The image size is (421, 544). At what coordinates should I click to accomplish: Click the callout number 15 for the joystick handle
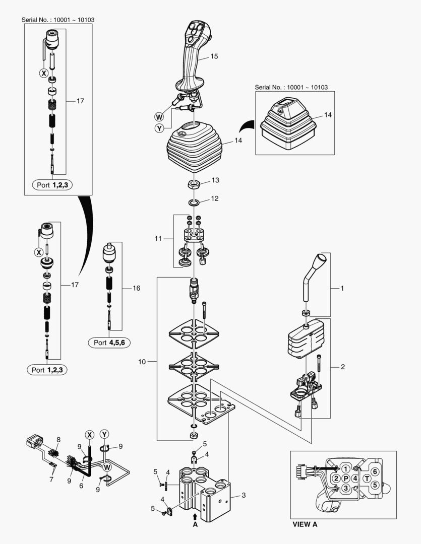pyautogui.click(x=214, y=56)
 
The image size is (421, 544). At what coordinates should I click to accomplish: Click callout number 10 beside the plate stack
pyautogui.click(x=142, y=362)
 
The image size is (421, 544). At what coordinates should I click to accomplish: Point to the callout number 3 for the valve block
pyautogui.click(x=244, y=496)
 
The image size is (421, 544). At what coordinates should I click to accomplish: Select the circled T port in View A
pyautogui.click(x=367, y=479)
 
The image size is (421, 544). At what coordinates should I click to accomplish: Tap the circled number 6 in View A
pyautogui.click(x=375, y=470)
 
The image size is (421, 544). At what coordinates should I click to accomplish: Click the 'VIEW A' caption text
pyautogui.click(x=305, y=524)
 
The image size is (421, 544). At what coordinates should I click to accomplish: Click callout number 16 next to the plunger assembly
pyautogui.click(x=136, y=288)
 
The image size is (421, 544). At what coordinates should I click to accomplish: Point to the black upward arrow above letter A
pyautogui.click(x=195, y=516)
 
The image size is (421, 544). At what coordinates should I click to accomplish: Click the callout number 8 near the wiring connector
pyautogui.click(x=58, y=440)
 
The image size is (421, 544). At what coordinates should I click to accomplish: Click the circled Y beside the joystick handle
pyautogui.click(x=159, y=128)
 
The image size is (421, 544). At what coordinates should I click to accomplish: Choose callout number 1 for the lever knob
pyautogui.click(x=342, y=289)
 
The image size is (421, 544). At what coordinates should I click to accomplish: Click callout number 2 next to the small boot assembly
pyautogui.click(x=343, y=366)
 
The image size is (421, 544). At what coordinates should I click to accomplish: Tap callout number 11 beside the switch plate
pyautogui.click(x=158, y=238)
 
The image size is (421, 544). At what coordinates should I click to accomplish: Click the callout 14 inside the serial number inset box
pyautogui.click(x=328, y=115)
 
